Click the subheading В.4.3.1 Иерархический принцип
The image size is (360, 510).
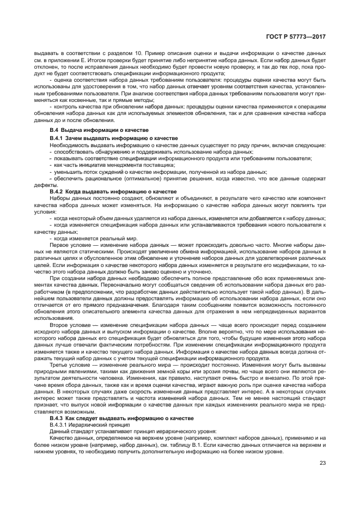click(x=86, y=424)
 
